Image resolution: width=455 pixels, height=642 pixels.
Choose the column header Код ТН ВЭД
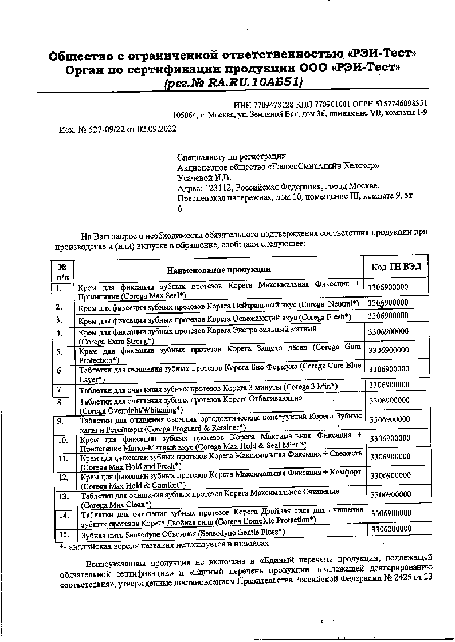point(396,267)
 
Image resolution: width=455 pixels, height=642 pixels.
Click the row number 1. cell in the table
point(60,288)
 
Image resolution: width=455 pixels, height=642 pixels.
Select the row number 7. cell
point(60,390)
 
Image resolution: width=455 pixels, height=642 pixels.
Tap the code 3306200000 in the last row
point(391,529)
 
